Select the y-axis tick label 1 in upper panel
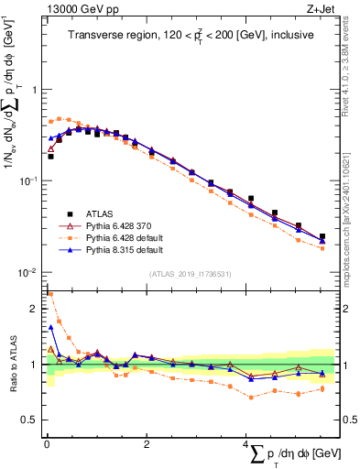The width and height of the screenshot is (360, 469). [x=33, y=90]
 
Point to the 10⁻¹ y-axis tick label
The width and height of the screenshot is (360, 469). [x=27, y=180]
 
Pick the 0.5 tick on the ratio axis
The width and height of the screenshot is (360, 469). [x=28, y=420]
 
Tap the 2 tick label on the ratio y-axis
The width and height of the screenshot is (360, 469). [x=33, y=308]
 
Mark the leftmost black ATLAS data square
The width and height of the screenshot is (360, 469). [x=50, y=157]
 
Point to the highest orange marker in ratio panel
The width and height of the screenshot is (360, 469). [x=50, y=295]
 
